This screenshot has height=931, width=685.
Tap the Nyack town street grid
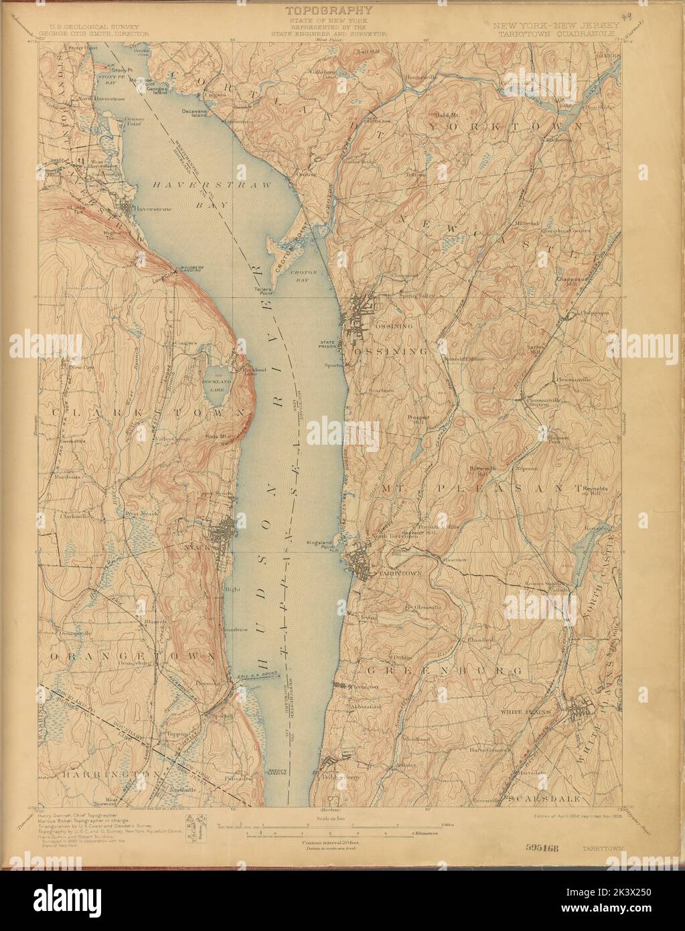pos(222,533)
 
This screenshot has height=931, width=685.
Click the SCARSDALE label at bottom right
pos(537,799)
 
